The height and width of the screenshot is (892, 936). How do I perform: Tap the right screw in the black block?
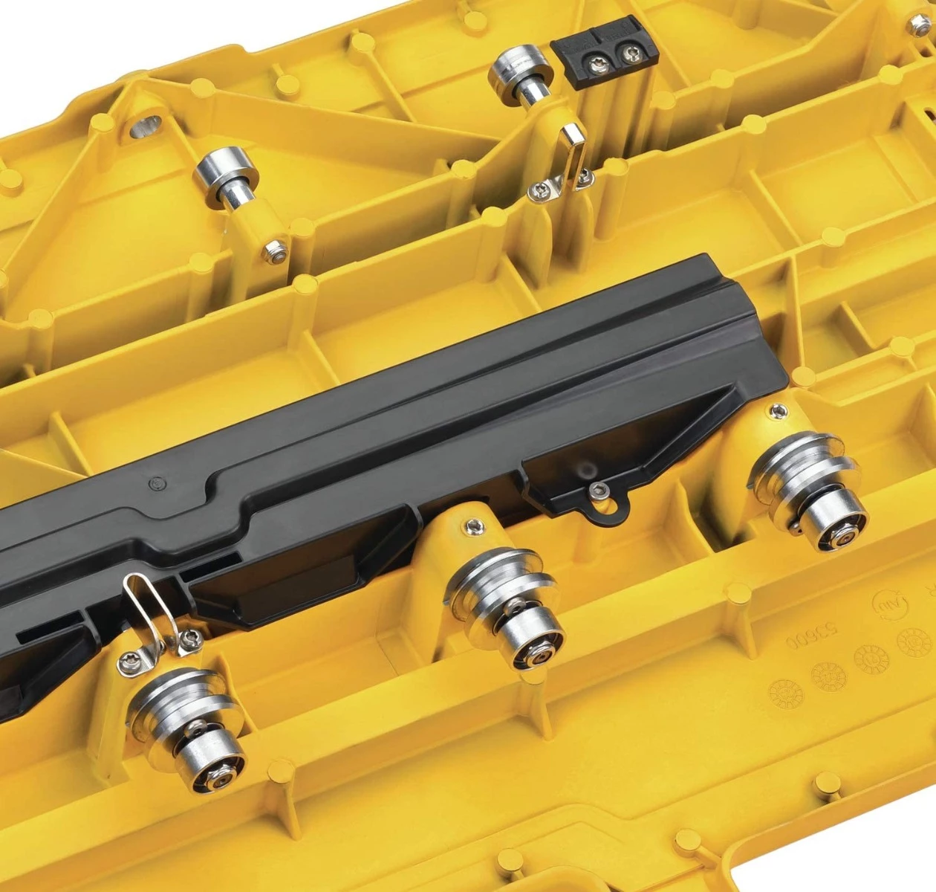(x=631, y=54)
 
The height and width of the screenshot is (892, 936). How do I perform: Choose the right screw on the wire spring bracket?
(x=191, y=638)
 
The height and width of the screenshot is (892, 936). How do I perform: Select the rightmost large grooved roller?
(x=810, y=490)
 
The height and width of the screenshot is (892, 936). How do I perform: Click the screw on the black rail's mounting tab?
(x=599, y=490)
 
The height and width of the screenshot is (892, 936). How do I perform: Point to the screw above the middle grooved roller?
(x=473, y=527)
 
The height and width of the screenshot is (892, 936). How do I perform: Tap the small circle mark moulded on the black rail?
(x=155, y=483)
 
